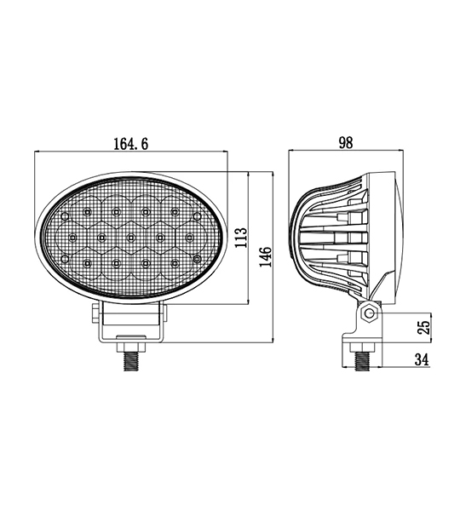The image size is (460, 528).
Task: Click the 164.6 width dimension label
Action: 130,143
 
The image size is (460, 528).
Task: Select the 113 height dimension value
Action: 241,238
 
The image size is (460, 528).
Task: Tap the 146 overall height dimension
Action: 266,257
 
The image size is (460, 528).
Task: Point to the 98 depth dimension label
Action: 346,143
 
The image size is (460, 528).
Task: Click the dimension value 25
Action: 424,327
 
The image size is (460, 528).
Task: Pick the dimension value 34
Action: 422,359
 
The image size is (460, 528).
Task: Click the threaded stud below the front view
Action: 132,362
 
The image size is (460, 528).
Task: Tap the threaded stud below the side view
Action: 363,361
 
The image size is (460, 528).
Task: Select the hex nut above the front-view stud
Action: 131,347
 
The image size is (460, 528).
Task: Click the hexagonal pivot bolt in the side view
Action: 370,314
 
